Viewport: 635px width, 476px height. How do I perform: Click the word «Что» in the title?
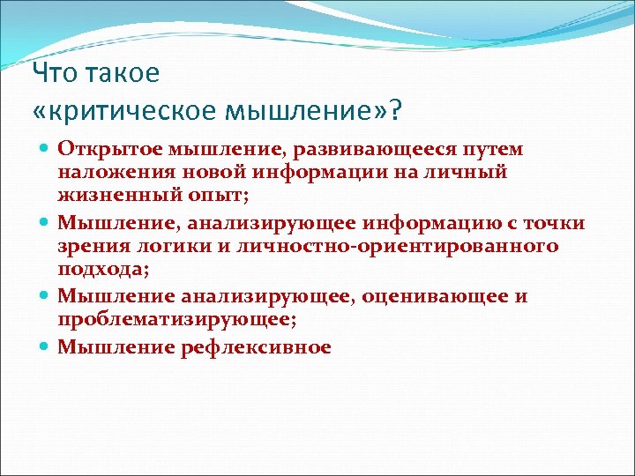54,73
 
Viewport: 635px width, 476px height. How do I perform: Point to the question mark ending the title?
393,110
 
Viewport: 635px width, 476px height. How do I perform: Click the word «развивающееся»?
378,151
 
